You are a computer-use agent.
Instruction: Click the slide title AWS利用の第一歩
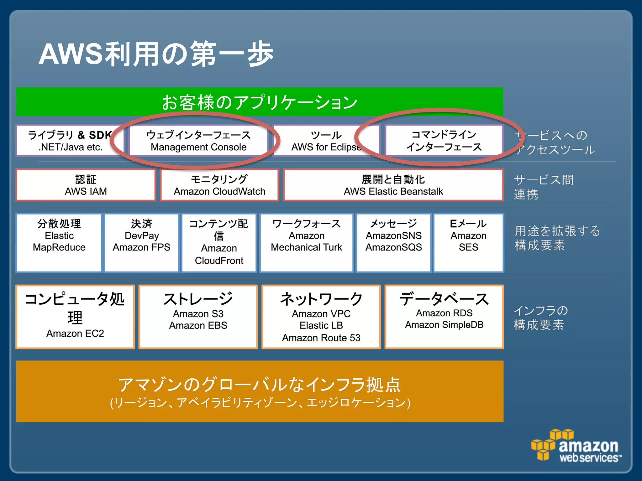click(156, 54)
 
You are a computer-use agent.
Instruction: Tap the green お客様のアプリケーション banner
click(260, 102)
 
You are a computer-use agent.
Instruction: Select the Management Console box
click(198, 141)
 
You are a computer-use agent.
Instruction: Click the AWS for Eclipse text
click(326, 147)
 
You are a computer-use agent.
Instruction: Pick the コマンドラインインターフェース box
click(444, 141)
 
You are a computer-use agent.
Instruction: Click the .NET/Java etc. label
click(71, 147)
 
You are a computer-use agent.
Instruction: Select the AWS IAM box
click(86, 185)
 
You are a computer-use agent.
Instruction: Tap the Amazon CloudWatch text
click(219, 191)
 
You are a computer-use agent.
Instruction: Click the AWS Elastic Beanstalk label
click(393, 191)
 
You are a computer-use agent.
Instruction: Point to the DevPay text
click(142, 235)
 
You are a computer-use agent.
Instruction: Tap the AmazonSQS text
click(393, 247)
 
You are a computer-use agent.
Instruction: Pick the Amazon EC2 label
click(75, 333)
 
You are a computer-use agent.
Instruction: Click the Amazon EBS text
click(198, 325)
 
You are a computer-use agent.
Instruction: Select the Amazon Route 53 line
click(321, 338)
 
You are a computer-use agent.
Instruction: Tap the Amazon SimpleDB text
click(444, 325)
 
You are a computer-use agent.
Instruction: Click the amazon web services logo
click(576, 446)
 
